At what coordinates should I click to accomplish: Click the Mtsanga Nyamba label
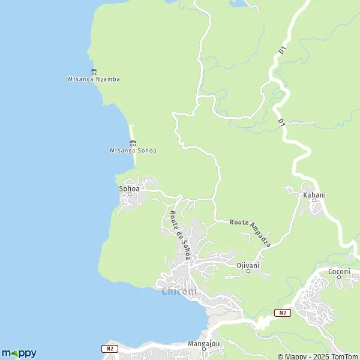click(94, 79)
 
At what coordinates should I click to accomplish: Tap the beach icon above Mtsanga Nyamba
click(94, 72)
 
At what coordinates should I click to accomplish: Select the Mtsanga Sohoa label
click(133, 151)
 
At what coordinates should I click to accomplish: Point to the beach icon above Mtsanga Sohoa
click(133, 143)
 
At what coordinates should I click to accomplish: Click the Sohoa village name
click(129, 188)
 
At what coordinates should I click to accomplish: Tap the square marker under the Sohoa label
click(129, 194)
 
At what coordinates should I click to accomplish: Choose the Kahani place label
click(314, 195)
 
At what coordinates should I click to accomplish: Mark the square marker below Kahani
click(314, 201)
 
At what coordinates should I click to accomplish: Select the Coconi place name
click(339, 272)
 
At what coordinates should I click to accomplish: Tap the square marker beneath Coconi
click(339, 278)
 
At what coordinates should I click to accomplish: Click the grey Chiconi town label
click(179, 292)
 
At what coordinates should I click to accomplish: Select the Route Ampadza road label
click(251, 233)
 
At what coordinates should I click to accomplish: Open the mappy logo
click(19, 353)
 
